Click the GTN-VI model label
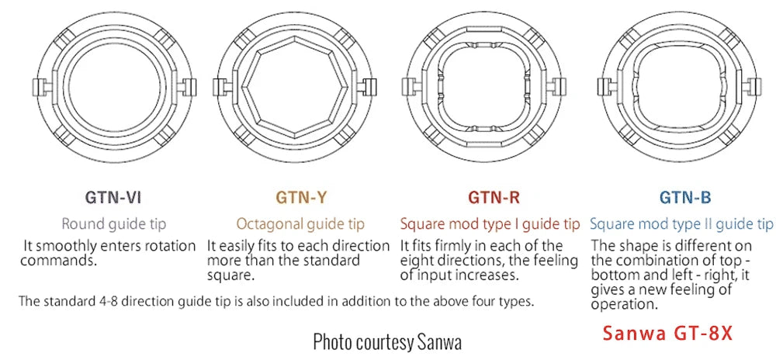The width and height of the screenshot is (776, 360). click(x=113, y=198)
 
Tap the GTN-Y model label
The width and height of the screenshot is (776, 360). click(x=301, y=198)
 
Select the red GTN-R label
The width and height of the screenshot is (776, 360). click(x=494, y=198)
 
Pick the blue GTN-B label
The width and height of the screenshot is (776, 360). click(x=685, y=198)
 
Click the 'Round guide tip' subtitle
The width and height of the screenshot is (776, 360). click(x=114, y=224)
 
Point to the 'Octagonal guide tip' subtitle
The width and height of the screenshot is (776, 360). click(x=300, y=224)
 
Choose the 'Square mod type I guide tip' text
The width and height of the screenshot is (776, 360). click(x=490, y=224)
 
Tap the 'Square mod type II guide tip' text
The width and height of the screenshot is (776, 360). click(x=681, y=224)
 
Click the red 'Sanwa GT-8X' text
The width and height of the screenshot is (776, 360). click(x=667, y=334)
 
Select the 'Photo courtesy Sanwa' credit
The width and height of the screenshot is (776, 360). click(x=387, y=341)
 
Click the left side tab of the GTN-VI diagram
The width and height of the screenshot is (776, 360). click(x=39, y=87)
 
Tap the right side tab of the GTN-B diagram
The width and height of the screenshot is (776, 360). click(x=751, y=87)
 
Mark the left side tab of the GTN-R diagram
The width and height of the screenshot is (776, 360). click(x=409, y=87)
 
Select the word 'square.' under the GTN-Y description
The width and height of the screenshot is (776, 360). click(x=230, y=275)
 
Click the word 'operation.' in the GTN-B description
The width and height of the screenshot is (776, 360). click(x=625, y=303)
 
